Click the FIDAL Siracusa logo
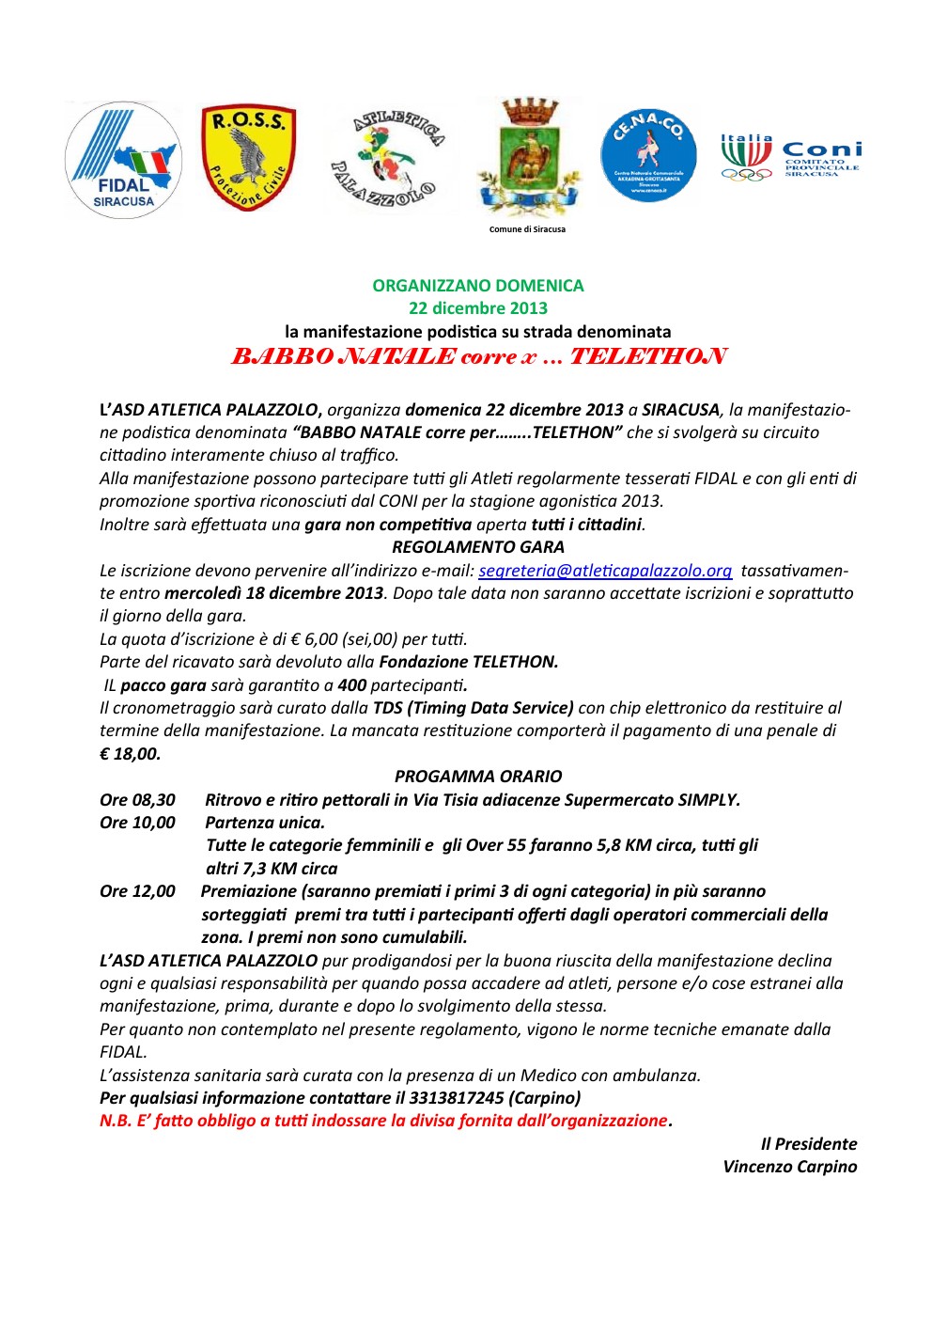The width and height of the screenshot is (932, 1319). (123, 160)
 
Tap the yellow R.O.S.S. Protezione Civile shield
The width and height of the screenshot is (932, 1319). (248, 157)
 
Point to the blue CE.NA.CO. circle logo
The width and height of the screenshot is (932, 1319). (648, 154)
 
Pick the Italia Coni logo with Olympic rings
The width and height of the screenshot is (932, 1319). (790, 157)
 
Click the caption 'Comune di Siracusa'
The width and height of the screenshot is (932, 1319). (527, 229)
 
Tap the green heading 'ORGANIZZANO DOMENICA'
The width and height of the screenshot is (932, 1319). (477, 286)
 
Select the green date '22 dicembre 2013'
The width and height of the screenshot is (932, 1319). (477, 308)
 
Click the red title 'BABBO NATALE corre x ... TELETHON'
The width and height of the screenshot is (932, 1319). (477, 356)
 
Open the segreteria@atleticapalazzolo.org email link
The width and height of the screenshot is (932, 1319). (605, 571)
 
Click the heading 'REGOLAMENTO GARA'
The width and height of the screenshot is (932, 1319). (477, 547)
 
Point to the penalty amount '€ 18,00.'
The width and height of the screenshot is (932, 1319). (131, 754)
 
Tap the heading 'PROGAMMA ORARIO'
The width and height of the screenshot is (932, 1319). (477, 777)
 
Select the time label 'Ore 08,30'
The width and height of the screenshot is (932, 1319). (137, 800)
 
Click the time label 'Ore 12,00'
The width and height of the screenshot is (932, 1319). (137, 891)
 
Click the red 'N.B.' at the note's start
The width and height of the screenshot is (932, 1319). (116, 1121)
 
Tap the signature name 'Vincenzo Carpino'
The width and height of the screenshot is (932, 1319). (789, 1167)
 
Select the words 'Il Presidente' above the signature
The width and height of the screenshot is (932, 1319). (808, 1144)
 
